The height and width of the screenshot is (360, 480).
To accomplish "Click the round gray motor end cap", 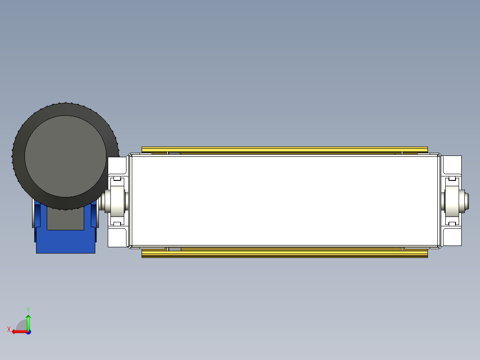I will tap(65, 156).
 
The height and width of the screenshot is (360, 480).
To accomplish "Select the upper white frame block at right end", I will tap(452, 164).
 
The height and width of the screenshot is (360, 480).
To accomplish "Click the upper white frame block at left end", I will tap(118, 165).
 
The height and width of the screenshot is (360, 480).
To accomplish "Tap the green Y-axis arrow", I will tap(28, 321).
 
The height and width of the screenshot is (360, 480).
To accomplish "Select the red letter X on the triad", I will tap(8, 329).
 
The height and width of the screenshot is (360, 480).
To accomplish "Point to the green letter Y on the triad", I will tap(28, 309).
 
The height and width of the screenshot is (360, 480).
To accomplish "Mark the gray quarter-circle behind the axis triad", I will tap(22, 325).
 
